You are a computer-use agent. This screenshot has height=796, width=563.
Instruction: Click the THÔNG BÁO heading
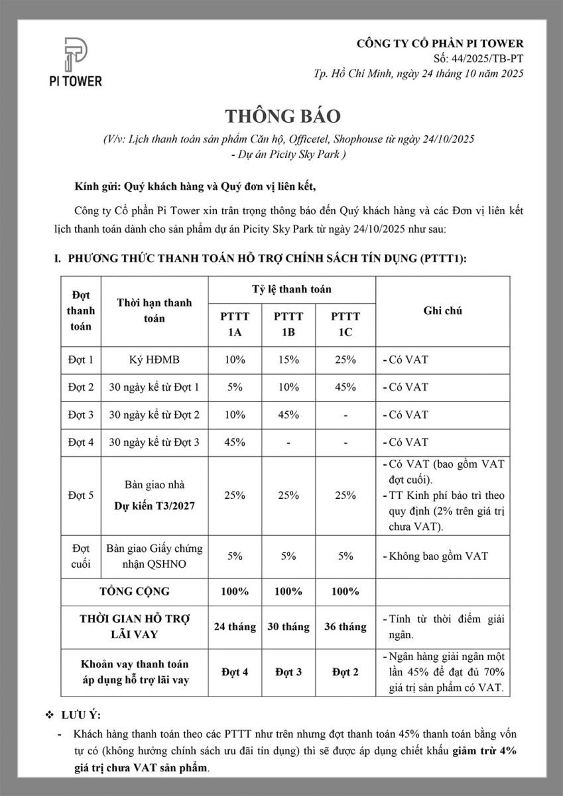[x=282, y=116]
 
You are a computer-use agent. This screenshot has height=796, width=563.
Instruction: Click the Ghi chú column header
[x=442, y=310]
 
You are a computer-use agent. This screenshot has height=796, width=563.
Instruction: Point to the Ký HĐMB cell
[x=155, y=360]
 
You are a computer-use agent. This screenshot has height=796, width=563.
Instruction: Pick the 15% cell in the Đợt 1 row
[x=288, y=360]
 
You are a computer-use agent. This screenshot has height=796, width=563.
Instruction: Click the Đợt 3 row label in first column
[x=81, y=415]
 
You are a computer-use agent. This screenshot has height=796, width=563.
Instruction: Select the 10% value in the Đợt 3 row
[x=235, y=415]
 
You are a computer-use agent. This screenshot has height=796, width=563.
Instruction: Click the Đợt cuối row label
[x=81, y=556]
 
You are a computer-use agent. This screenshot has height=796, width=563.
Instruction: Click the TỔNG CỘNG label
[x=135, y=591]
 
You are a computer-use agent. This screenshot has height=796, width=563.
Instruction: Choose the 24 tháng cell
[x=235, y=626]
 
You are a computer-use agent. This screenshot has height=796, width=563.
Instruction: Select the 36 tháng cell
[x=345, y=626]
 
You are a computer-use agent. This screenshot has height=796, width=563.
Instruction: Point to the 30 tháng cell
[x=288, y=626]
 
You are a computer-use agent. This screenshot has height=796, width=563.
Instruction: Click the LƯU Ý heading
[x=81, y=715]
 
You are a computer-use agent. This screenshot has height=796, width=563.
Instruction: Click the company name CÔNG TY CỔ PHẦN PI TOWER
[x=440, y=44]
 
